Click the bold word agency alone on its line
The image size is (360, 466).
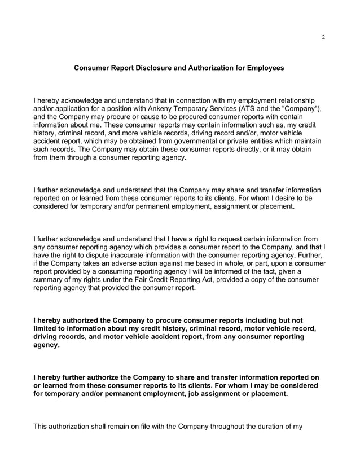click(x=47, y=345)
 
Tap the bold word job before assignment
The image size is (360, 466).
click(x=185, y=394)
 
